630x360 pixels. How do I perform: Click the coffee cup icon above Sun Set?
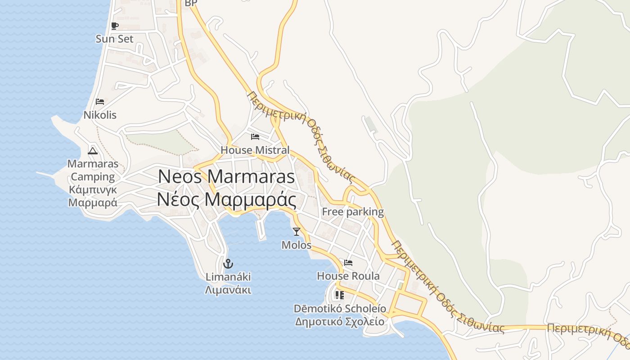click(115, 26)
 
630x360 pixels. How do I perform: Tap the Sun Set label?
click(115, 39)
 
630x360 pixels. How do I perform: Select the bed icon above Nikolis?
click(100, 102)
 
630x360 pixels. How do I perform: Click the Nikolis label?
click(100, 115)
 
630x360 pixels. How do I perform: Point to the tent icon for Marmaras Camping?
click(93, 150)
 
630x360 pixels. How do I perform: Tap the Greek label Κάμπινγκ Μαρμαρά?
click(93, 196)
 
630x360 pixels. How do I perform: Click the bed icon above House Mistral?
click(255, 136)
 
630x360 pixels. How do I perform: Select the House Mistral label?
click(255, 150)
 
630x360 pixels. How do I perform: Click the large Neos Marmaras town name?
click(226, 176)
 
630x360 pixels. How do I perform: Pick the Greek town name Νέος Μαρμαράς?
click(226, 199)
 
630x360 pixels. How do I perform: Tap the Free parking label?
click(353, 211)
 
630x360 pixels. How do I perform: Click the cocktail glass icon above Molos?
click(296, 232)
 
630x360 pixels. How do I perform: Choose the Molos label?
click(296, 245)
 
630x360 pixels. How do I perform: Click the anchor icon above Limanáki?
click(228, 263)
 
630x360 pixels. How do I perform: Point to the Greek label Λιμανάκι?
click(228, 290)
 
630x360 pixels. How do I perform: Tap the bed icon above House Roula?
click(348, 263)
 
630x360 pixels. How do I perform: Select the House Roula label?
click(348, 276)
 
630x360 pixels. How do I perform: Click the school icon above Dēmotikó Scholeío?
click(340, 295)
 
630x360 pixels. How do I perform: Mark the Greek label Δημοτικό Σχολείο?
click(340, 322)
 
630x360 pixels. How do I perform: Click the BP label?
click(191, 3)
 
